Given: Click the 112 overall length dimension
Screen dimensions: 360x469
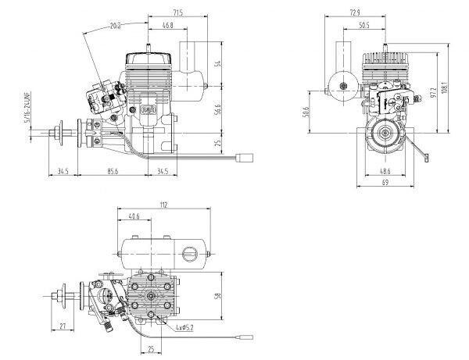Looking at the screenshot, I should [163, 205].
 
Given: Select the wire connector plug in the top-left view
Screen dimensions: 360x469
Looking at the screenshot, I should [245, 158].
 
